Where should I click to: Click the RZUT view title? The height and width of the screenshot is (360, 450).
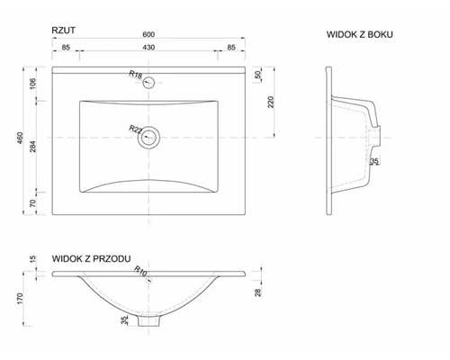pos(63,31)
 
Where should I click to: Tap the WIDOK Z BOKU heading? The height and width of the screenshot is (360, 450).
pos(360,34)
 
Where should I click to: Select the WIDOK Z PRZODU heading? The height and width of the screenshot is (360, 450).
pos(91,258)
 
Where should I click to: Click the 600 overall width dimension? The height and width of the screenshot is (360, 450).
pos(148,34)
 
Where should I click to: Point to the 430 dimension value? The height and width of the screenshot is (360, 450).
pos(148,48)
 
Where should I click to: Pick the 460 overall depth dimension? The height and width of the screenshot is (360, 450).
pos(20,138)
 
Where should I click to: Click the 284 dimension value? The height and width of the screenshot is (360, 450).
pos(33,147)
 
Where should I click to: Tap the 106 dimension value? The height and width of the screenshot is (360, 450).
pos(33,84)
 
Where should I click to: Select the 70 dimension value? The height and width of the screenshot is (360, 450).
pos(33,203)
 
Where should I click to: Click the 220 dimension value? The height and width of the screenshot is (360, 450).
pos(271,102)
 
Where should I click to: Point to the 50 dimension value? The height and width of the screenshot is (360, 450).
pos(258,75)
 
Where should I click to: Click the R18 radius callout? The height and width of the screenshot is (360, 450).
pos(136,75)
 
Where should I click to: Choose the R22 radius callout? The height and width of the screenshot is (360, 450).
pos(136,130)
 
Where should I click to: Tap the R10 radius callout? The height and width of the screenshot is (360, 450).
pos(140,271)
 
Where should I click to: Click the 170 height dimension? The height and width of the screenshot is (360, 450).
pos(20,299)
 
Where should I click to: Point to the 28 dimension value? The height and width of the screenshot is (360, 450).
pos(258,292)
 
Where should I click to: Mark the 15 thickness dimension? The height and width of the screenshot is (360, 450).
pos(33,258)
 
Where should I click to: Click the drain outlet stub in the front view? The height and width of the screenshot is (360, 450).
pos(148,321)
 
